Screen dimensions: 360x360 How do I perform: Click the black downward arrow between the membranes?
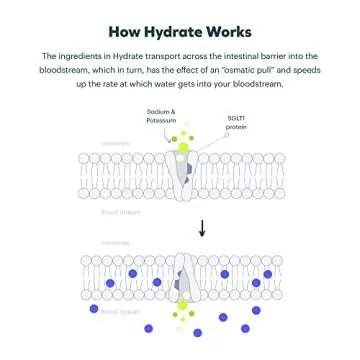(201, 229)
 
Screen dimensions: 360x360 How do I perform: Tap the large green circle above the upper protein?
(182, 148)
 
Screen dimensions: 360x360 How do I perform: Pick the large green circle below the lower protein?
(182, 306)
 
